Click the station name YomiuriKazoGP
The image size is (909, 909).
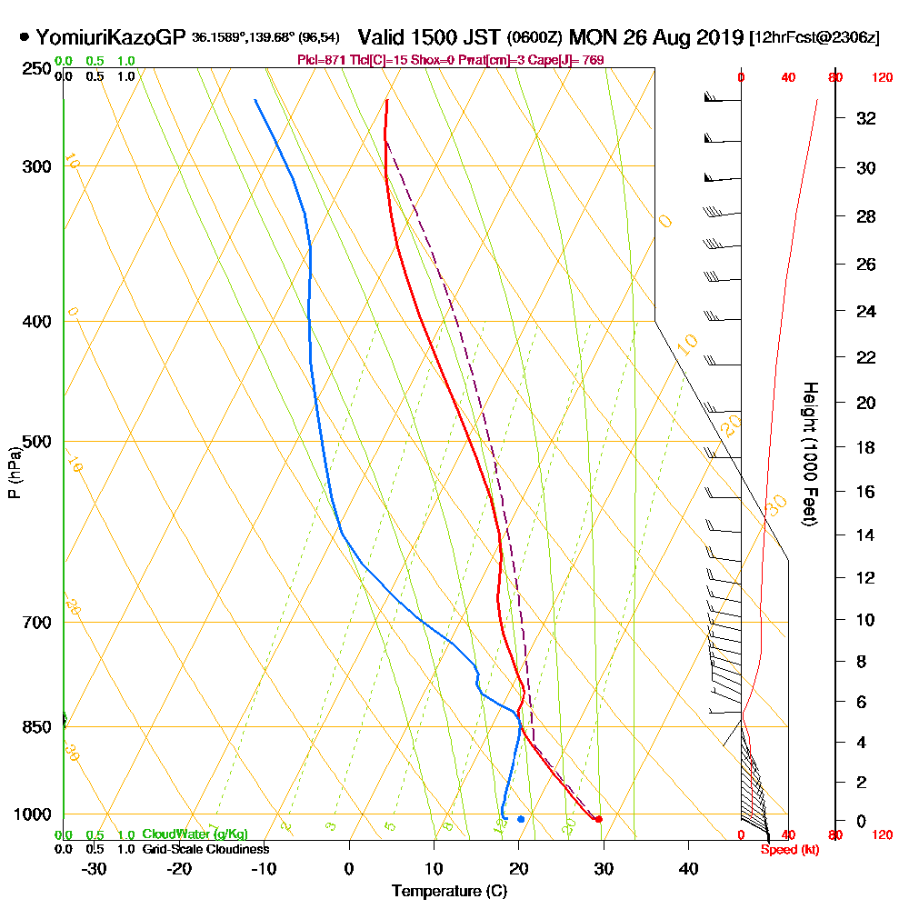(111, 37)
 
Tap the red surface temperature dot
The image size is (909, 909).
(598, 820)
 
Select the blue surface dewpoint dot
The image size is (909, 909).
(521, 819)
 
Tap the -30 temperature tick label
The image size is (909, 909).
(95, 867)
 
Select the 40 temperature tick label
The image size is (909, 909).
(688, 867)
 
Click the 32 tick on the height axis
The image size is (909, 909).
(867, 118)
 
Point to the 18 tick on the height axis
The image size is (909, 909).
(867, 447)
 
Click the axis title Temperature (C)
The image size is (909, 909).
(449, 892)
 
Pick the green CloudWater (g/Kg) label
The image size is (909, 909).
(195, 834)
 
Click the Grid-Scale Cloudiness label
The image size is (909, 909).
(205, 849)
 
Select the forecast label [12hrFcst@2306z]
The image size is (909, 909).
(814, 38)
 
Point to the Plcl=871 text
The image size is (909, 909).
(324, 60)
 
